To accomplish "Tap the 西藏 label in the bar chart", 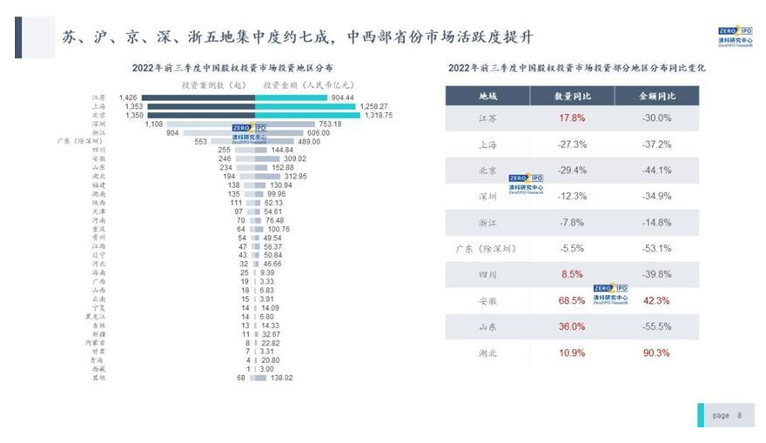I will pyautogui.click(x=98, y=369).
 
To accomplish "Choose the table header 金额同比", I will pyautogui.click(x=655, y=96).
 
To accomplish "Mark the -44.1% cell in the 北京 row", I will pyautogui.click(x=655, y=171).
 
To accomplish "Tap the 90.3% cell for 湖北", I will pyautogui.click(x=655, y=353).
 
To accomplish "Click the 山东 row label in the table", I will pyautogui.click(x=487, y=327).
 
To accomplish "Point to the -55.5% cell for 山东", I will pyautogui.click(x=655, y=327).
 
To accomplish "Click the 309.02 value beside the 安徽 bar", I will pyautogui.click(x=285, y=158).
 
